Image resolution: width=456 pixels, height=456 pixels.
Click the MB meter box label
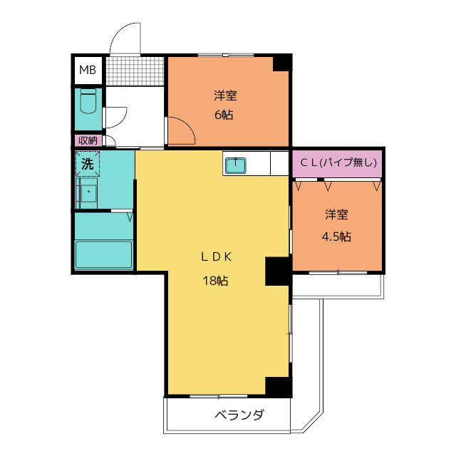tap(88, 70)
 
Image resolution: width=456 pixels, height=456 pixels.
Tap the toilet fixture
tap(88, 101)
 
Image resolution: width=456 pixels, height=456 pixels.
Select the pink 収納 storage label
tap(88, 141)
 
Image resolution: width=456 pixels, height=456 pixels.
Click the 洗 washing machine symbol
tap(88, 164)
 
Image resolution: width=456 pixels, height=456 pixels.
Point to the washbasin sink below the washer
tap(88, 193)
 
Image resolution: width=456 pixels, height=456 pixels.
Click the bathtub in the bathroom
tap(104, 254)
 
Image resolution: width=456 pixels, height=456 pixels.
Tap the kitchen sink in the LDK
tap(236, 165)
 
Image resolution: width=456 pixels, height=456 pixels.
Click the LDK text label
tap(217, 256)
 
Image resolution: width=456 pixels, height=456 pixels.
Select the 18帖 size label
tap(215, 281)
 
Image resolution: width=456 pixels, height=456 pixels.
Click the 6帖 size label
tap(224, 115)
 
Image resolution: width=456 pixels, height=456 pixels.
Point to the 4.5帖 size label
tap(336, 237)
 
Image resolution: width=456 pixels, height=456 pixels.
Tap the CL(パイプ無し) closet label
tap(338, 162)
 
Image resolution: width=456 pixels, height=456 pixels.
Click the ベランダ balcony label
tap(239, 415)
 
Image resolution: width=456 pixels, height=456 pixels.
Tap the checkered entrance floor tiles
tap(135, 71)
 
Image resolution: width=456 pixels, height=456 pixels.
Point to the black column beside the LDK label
tap(278, 271)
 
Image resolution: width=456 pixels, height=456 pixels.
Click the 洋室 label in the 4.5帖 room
tap(336, 214)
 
